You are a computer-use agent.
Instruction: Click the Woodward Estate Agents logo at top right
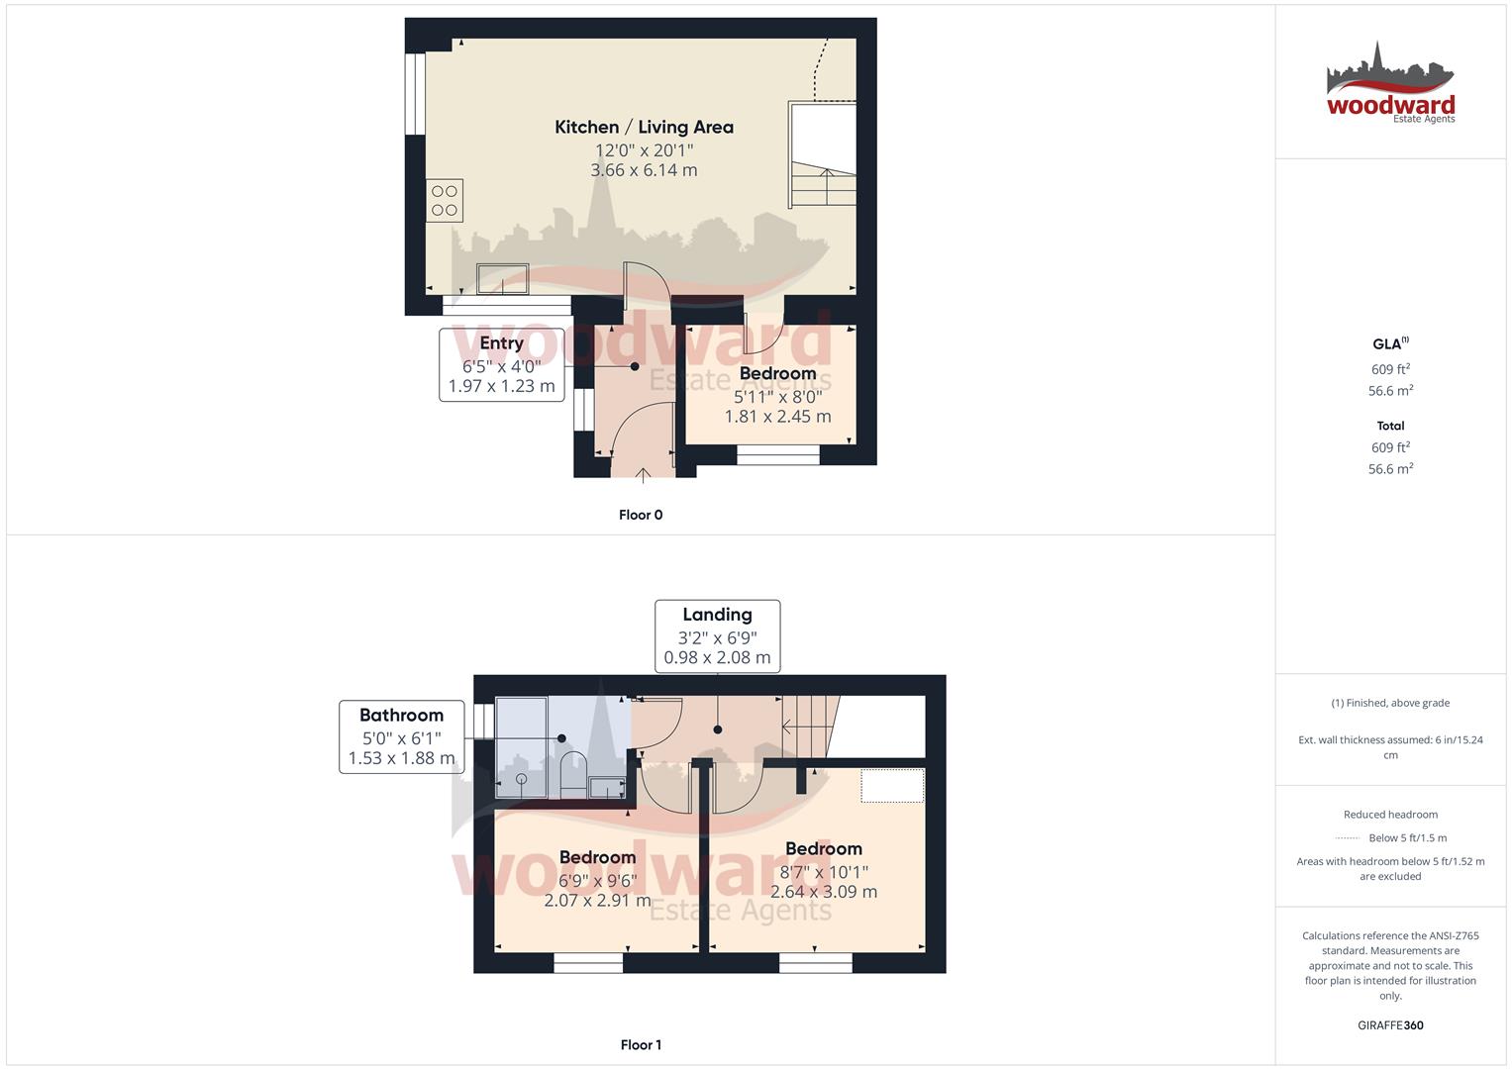[1390, 84]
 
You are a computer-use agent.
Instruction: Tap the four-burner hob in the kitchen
[445, 201]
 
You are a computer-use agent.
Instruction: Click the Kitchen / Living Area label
[644, 127]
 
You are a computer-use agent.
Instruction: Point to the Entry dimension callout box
[501, 364]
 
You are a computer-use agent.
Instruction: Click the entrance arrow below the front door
[643, 474]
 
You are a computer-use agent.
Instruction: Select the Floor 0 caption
[641, 515]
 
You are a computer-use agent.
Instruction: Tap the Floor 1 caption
[641, 1044]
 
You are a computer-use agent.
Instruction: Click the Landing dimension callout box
[717, 635]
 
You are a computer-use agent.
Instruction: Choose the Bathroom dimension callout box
[401, 736]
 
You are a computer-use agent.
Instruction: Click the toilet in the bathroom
[573, 773]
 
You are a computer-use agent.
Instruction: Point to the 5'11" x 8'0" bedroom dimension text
[777, 396]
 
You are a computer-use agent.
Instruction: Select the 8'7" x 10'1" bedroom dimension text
[824, 872]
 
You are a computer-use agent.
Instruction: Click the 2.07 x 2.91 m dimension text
[597, 901]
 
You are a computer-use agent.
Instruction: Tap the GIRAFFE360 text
[1390, 1025]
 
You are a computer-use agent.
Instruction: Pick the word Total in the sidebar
[1390, 426]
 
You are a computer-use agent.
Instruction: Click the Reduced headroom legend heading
[1390, 815]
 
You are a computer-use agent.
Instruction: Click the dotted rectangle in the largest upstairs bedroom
[892, 785]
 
